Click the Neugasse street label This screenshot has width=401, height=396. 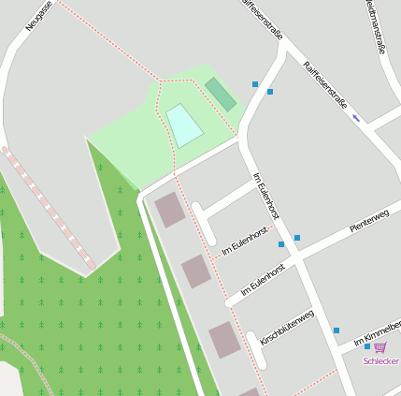pyautogui.click(x=40, y=15)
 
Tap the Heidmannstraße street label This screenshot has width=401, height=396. pyautogui.click(x=376, y=26)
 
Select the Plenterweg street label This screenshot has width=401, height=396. pyautogui.click(x=368, y=222)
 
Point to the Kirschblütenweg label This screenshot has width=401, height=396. pyautogui.click(x=286, y=327)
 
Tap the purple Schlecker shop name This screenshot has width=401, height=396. pyautogui.click(x=381, y=361)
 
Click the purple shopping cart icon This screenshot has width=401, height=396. pyautogui.click(x=380, y=347)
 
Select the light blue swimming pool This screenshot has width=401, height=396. pyautogui.click(x=184, y=125)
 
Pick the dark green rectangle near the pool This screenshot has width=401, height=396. pyautogui.click(x=221, y=94)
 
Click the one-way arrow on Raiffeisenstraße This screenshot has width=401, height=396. pyautogui.click(x=355, y=118)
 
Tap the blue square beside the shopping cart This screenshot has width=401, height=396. pyautogui.click(x=367, y=346)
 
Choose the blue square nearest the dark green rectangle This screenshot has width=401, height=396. pyautogui.click(x=255, y=84)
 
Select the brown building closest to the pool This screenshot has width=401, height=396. pyautogui.click(x=170, y=210)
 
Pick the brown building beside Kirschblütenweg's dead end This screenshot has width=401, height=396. pyautogui.click(x=225, y=339)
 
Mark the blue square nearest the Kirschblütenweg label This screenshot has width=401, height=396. pyautogui.click(x=337, y=330)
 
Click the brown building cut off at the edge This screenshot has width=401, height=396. pyautogui.click(x=250, y=391)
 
